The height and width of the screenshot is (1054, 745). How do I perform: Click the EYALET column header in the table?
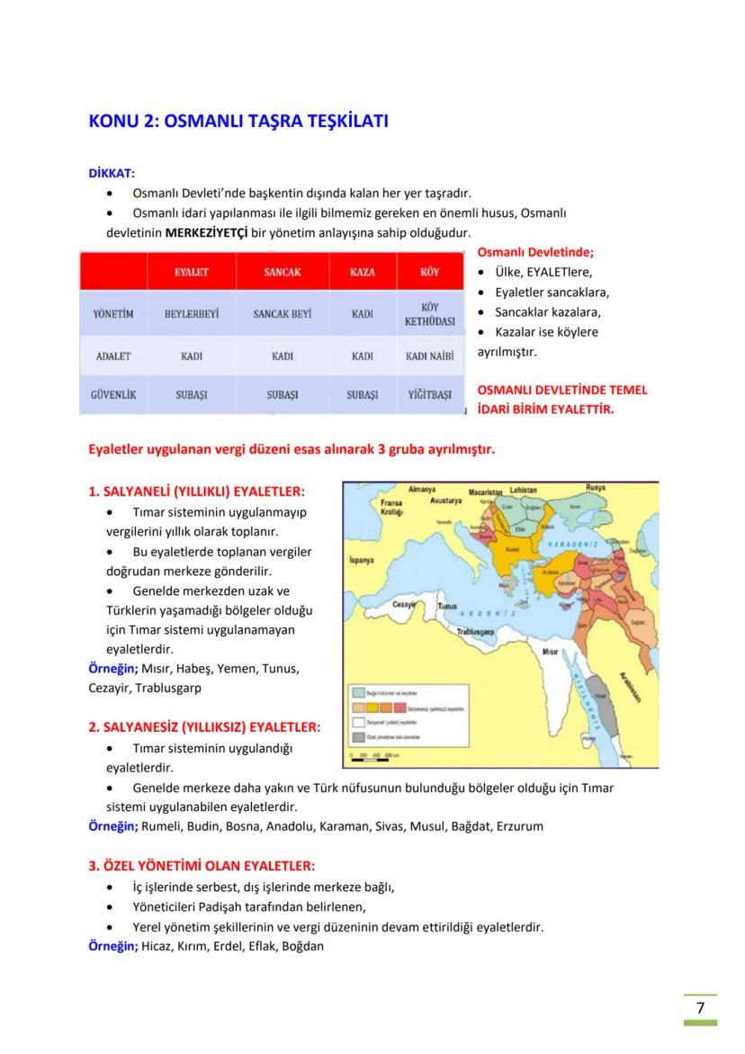pyautogui.click(x=192, y=271)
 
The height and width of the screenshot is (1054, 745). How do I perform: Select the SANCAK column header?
pyautogui.click(x=282, y=271)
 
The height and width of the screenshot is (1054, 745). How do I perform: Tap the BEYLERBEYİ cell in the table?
pyautogui.click(x=192, y=314)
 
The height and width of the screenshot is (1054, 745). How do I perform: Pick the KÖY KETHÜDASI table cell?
pyautogui.click(x=430, y=314)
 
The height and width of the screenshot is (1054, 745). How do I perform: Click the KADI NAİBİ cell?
pyautogui.click(x=430, y=356)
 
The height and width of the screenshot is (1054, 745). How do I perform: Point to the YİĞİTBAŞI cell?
pyautogui.click(x=430, y=395)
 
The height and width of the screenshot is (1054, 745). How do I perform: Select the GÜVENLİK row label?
pyautogui.click(x=113, y=394)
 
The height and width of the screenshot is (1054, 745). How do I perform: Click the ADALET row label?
pyautogui.click(x=113, y=356)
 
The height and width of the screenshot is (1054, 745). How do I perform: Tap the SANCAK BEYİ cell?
pyautogui.click(x=282, y=314)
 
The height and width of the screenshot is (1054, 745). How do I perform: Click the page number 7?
pyautogui.click(x=700, y=1007)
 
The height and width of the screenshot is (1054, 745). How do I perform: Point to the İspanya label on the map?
pyautogui.click(x=361, y=560)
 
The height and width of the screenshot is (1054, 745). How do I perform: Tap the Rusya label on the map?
pyautogui.click(x=596, y=488)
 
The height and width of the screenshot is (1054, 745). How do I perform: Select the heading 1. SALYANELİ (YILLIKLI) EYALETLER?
pyautogui.click(x=196, y=491)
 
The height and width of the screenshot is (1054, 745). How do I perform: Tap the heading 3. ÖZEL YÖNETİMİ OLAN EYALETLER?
pyautogui.click(x=202, y=866)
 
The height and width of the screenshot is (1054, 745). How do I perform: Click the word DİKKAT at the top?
pyautogui.click(x=112, y=173)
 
